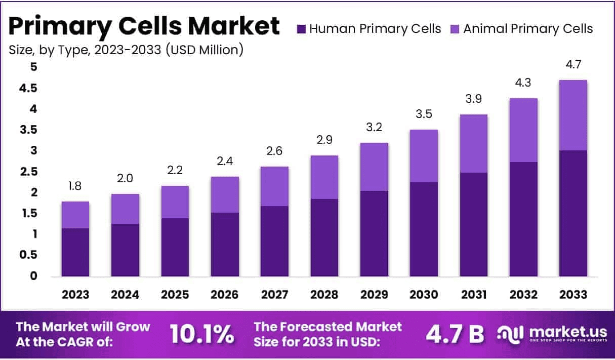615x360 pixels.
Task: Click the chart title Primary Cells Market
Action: [x=144, y=25]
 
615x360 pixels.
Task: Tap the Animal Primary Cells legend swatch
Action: [x=455, y=29]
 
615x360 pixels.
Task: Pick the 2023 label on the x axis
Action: [x=75, y=295]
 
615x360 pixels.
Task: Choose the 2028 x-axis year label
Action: [x=324, y=295]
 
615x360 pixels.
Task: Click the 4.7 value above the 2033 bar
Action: [x=573, y=64]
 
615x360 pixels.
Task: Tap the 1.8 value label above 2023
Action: [x=75, y=186]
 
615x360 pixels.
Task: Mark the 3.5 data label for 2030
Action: [x=424, y=114]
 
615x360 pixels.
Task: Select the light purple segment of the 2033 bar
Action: [x=573, y=115]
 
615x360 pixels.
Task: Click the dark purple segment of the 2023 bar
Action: [x=75, y=252]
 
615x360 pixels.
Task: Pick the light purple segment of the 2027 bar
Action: [x=275, y=186]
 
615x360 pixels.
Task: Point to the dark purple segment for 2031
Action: [x=473, y=224]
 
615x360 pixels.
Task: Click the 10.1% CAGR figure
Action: [x=202, y=334]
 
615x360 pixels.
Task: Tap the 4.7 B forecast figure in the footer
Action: [x=455, y=334]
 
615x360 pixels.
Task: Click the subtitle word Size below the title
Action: [x=19, y=50]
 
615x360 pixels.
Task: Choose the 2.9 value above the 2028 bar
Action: [x=324, y=140]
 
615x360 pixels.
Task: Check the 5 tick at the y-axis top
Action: [x=19, y=67]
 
